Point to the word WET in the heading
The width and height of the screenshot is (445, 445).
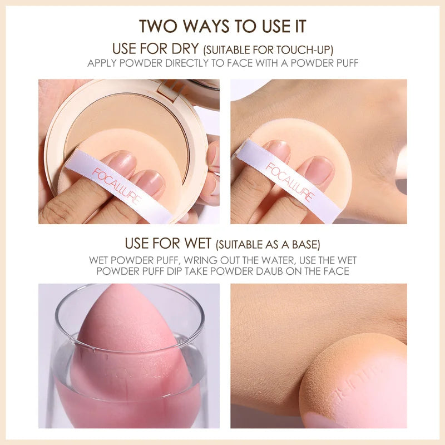tap(197, 243)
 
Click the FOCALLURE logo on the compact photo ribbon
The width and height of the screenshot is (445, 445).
tap(117, 185)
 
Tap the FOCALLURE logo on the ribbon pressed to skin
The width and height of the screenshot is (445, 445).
tap(290, 182)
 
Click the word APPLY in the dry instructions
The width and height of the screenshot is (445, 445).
tap(102, 63)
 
